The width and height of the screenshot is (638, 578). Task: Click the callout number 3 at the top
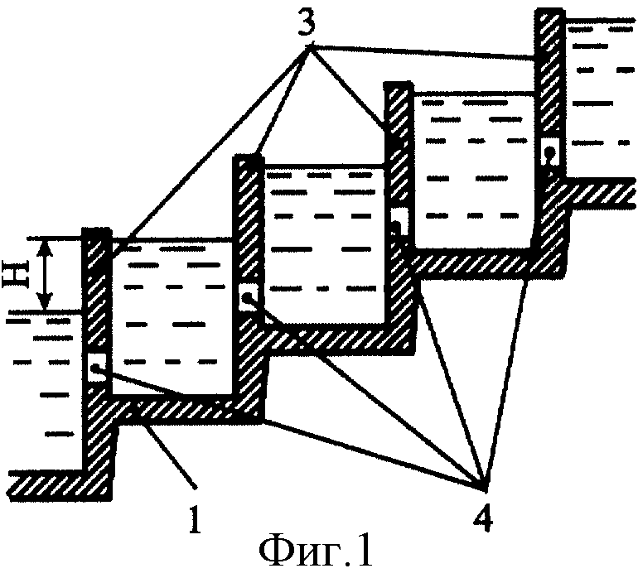click(307, 22)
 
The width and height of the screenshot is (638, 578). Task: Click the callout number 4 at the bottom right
click(483, 518)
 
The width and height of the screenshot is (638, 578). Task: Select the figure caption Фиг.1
click(316, 553)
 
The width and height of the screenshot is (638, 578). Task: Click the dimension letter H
click(17, 273)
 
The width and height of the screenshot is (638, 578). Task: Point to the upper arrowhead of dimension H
click(46, 245)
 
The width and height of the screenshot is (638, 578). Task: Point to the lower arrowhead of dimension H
click(46, 302)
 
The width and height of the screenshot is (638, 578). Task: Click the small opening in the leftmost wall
click(97, 368)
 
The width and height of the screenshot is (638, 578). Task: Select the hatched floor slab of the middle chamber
click(338, 340)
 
